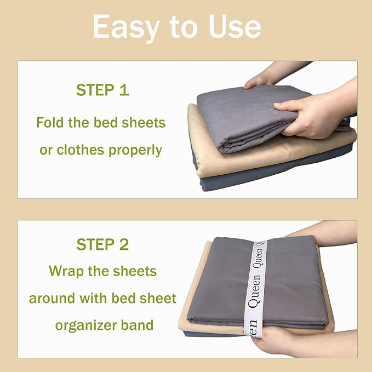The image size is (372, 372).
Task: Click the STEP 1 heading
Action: tap(102, 90)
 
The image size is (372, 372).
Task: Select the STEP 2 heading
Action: tap(102, 244)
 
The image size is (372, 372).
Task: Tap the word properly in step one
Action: tap(139, 150)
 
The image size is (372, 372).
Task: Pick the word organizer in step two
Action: tap(89, 325)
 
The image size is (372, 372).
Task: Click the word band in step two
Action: tap(138, 325)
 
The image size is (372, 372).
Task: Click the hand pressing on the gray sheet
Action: tap(307, 112)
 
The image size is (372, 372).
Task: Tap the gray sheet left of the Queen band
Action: tap(216, 279)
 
